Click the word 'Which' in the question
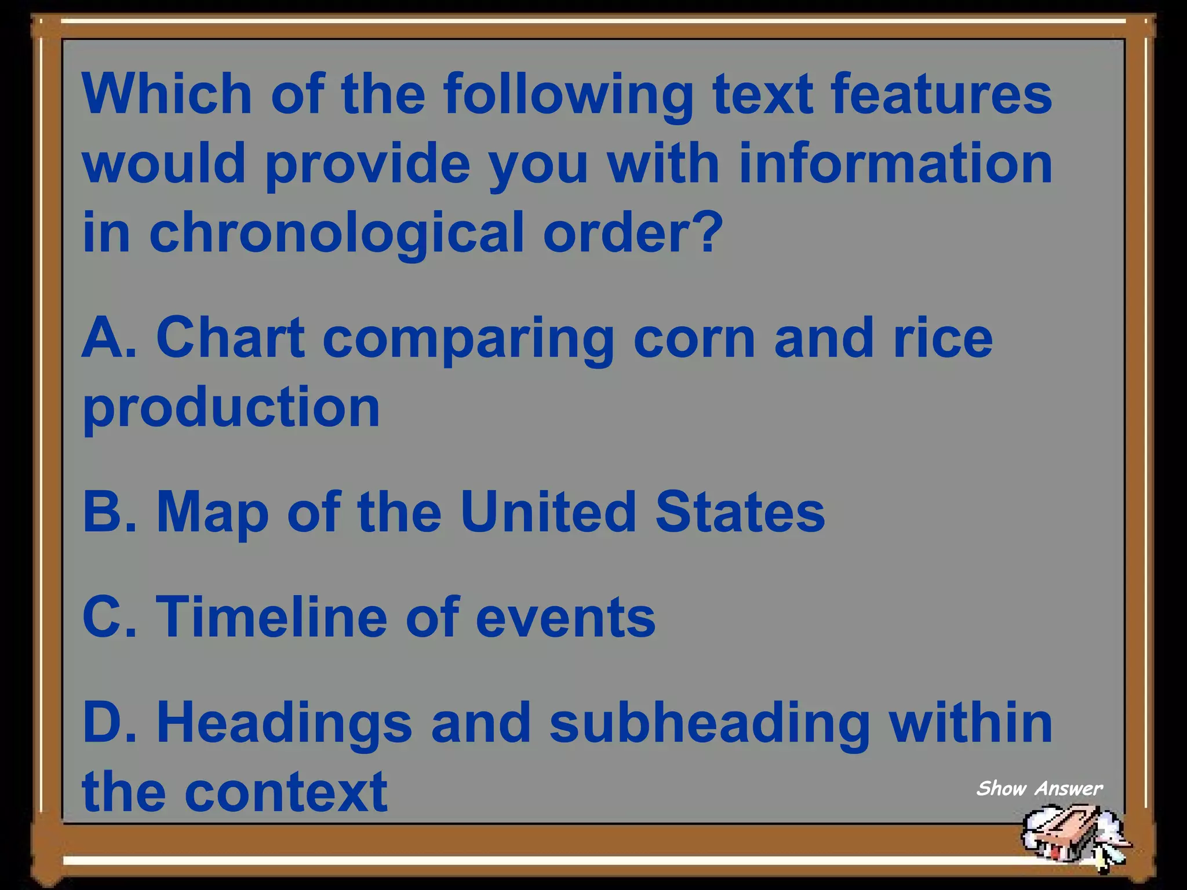pos(167,94)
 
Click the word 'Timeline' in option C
pos(271,617)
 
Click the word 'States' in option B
pos(740,512)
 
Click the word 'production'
pos(231,408)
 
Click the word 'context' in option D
pos(286,792)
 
